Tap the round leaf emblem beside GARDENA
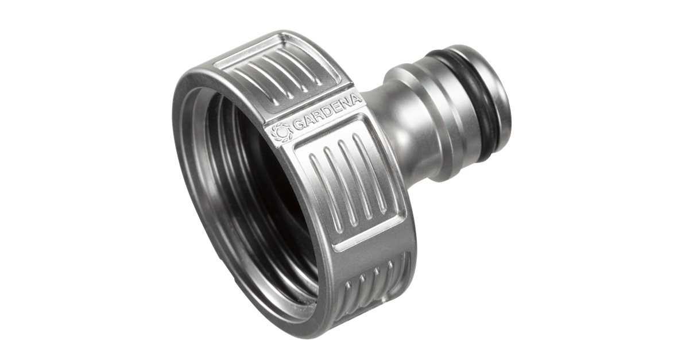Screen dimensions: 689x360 click(x=280, y=134)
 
